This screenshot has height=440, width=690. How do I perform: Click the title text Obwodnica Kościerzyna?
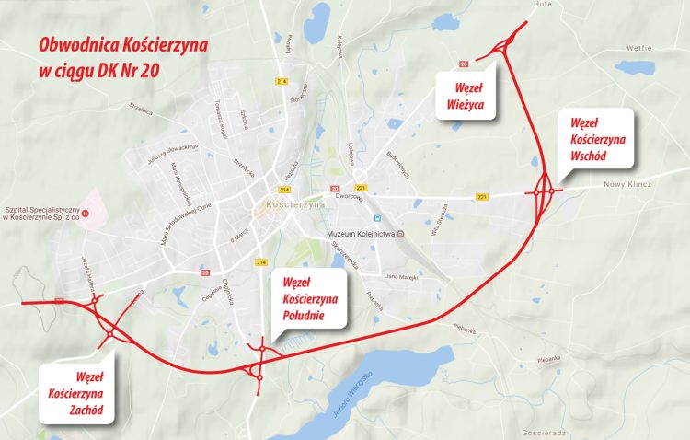click(121, 44)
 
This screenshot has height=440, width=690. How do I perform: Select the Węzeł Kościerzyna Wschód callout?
click(598, 139)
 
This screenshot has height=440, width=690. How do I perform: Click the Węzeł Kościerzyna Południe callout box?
click(311, 300)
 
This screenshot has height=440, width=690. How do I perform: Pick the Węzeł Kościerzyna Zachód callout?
click(77, 391)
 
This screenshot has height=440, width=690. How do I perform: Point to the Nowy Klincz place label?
click(627, 184)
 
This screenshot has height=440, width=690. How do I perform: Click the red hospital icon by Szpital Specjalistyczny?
click(86, 213)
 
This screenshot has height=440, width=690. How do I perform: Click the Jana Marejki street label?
click(402, 276)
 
